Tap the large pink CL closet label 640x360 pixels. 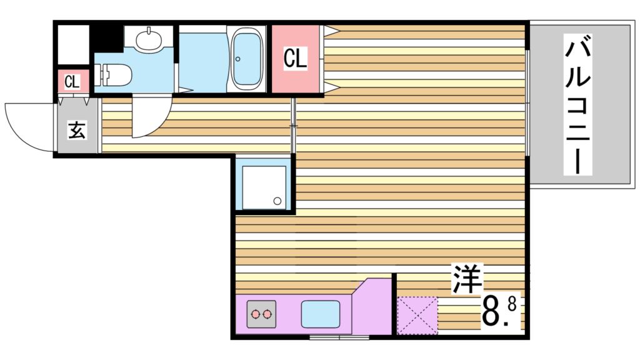(295, 59)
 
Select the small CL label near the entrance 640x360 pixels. (72, 81)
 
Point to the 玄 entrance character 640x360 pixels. (77, 131)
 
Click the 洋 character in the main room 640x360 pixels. (466, 279)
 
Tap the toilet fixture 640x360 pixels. (115, 76)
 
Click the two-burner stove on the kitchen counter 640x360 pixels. (261, 314)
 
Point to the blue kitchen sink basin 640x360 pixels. (321, 314)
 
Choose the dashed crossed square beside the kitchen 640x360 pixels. (417, 315)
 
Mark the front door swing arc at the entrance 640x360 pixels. (28, 128)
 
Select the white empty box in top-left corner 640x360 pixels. (72, 44)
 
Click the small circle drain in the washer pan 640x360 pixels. (277, 201)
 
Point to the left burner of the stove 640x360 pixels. (254, 314)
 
